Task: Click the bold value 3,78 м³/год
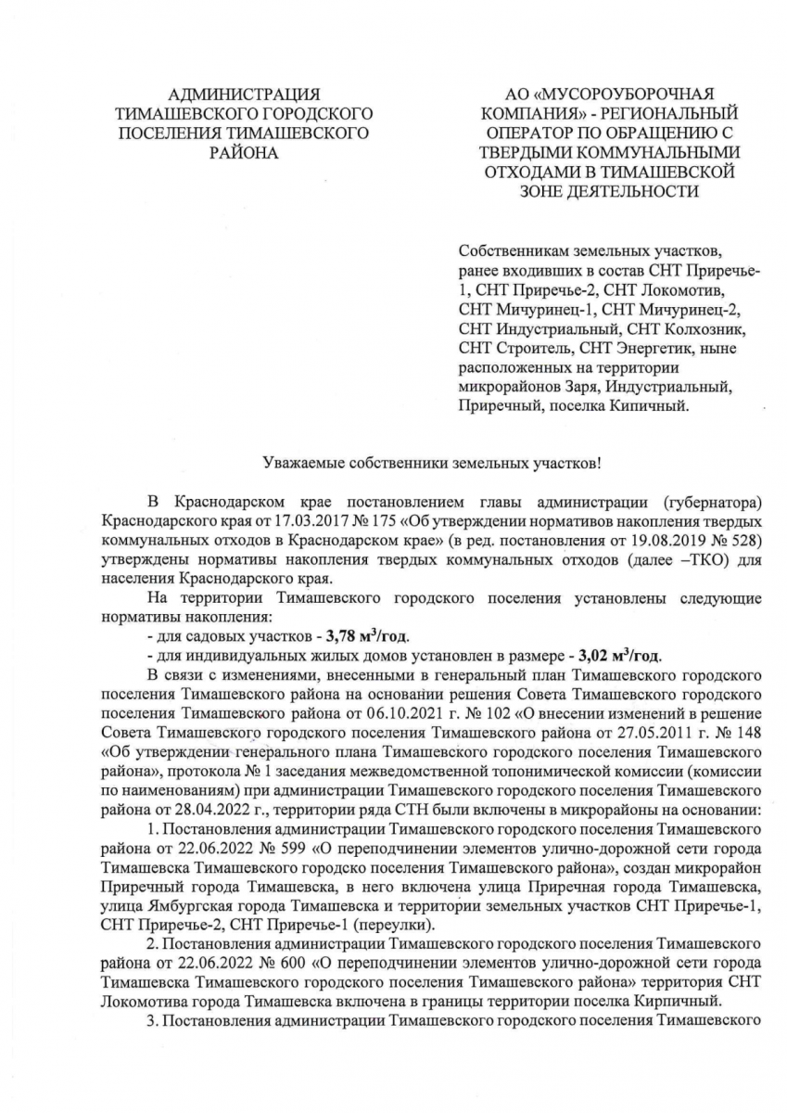[x=367, y=637]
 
